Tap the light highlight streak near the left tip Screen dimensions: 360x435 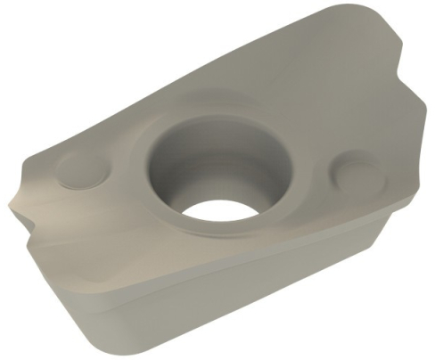(36, 200)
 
